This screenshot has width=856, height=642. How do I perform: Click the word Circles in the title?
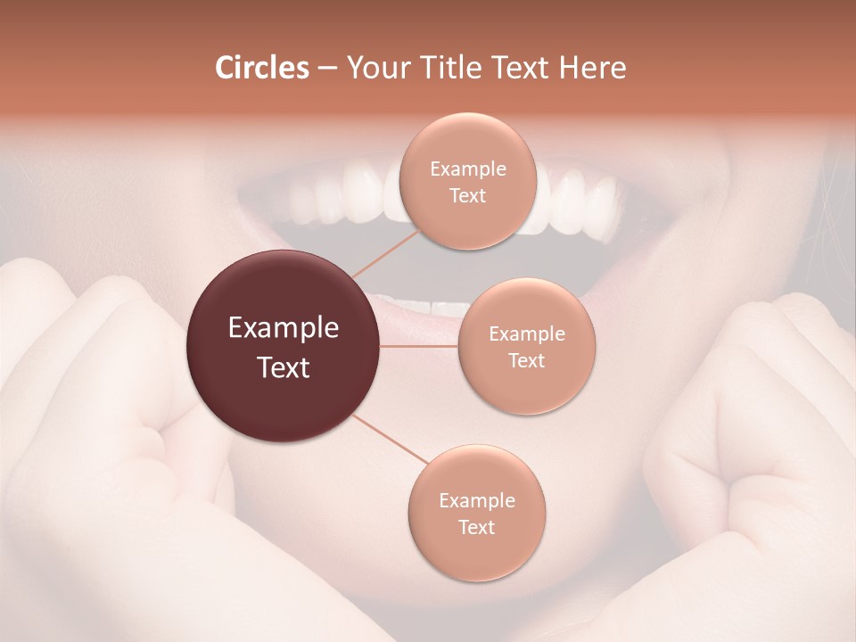click(261, 68)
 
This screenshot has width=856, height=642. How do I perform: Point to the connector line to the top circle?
click(384, 251)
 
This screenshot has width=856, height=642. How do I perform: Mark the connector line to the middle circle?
click(419, 346)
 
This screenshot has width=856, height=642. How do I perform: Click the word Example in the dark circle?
click(283, 328)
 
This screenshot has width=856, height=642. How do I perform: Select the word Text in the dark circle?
click(283, 367)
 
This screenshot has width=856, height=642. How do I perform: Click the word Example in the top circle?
click(467, 169)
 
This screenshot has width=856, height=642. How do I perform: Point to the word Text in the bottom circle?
click(476, 527)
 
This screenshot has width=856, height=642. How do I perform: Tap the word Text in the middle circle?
click(526, 360)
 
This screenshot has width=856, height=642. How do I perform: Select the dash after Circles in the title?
click(326, 69)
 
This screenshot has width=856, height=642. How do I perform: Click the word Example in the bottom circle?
click(476, 500)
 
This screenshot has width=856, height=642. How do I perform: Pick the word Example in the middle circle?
click(526, 334)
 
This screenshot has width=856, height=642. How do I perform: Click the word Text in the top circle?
click(467, 195)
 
